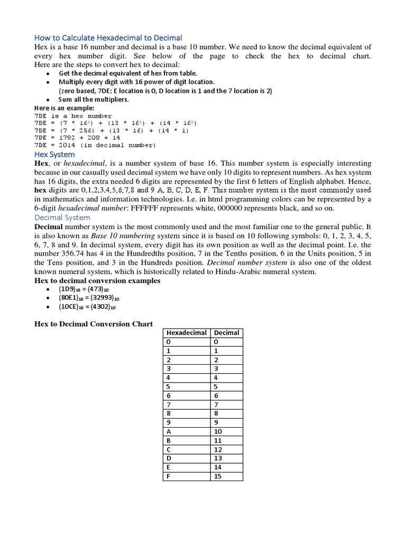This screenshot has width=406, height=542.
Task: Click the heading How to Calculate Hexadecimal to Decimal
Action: pos(108,38)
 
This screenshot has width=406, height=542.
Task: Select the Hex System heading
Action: pos(55,154)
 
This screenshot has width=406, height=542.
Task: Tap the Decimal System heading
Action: pos(62,217)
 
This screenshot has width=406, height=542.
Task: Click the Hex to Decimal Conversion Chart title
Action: pos(94,323)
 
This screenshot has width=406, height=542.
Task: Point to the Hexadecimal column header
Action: pos(187,332)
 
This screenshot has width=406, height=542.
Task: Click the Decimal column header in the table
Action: pos(226,332)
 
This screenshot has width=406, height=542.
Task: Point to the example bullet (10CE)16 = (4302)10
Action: pos(87,306)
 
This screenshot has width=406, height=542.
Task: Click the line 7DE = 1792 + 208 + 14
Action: pos(77,137)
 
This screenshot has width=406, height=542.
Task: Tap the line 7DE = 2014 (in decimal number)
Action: pos(95,144)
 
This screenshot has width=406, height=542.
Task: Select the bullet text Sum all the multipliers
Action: pos(94,99)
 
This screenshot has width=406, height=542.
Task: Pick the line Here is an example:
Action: pos(64,108)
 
